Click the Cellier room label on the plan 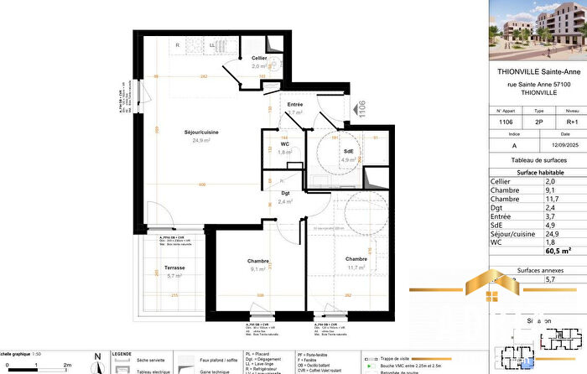tap(259, 58)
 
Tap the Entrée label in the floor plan tap(294, 104)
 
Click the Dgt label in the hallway tap(285, 194)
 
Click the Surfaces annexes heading tap(537, 270)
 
